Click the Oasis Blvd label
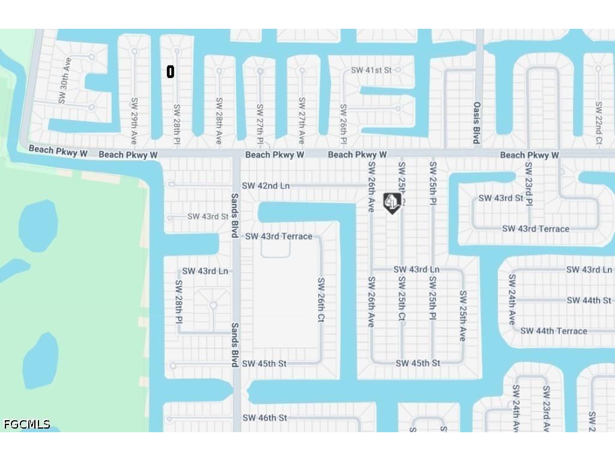477,122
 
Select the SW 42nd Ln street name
265,186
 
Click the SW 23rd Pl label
529,184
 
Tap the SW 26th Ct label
321,300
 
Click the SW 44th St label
589,300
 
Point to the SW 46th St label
265,418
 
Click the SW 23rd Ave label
547,408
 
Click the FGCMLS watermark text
27,424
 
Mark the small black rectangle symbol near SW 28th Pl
171,72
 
